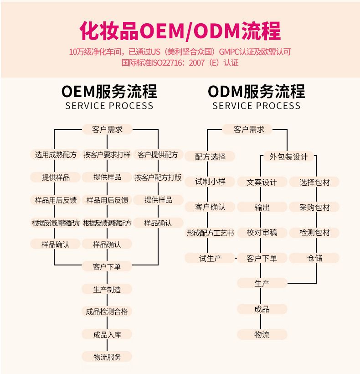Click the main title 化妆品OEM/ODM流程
[180, 31]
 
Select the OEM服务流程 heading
[109, 91]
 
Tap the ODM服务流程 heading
[256, 91]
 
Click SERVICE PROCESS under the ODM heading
[256, 106]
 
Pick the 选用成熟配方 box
[56, 155]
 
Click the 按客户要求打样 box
[107, 155]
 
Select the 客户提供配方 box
[158, 155]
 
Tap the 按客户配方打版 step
[158, 177]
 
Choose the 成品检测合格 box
[107, 312]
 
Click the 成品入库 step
[107, 335]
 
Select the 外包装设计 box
[288, 157]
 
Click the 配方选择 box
[210, 157]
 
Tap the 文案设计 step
[262, 182]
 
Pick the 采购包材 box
[314, 207]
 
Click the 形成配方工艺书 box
[210, 233]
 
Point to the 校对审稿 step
[262, 233]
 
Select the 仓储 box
[314, 258]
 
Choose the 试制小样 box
[210, 182]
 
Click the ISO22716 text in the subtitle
[173, 63]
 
